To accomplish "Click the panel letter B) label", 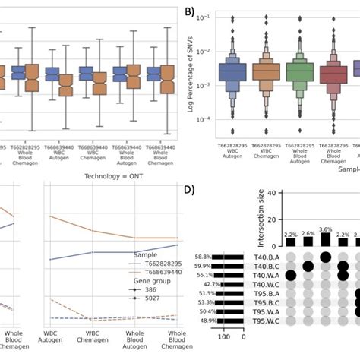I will tap(189, 13).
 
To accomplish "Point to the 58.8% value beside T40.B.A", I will tap(202, 257).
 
